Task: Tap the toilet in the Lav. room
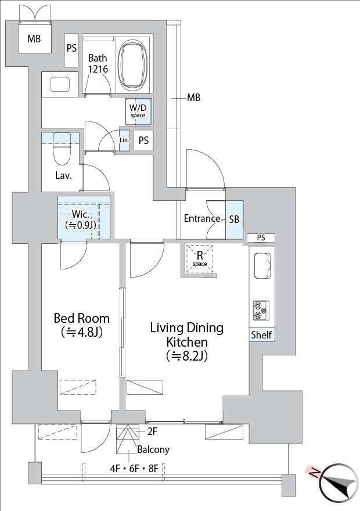pyautogui.click(x=62, y=148)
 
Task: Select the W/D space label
pyautogui.click(x=138, y=111)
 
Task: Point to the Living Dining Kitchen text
pyautogui.click(x=187, y=342)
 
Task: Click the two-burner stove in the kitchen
pyautogui.click(x=261, y=310)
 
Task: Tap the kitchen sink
pyautogui.click(x=262, y=265)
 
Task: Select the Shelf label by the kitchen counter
pyautogui.click(x=262, y=334)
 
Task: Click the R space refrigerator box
pyautogui.click(x=200, y=258)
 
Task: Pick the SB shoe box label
pyautogui.click(x=234, y=219)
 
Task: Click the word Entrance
pyautogui.click(x=202, y=218)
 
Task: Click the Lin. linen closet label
pyautogui.click(x=124, y=140)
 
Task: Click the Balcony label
pyautogui.click(x=153, y=449)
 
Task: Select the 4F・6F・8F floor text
pyautogui.click(x=134, y=469)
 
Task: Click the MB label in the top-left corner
pyautogui.click(x=34, y=39)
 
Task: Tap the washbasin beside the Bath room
pyautogui.click(x=60, y=84)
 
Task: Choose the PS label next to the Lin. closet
pyautogui.click(x=143, y=140)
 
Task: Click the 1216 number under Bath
pyautogui.click(x=98, y=69)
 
